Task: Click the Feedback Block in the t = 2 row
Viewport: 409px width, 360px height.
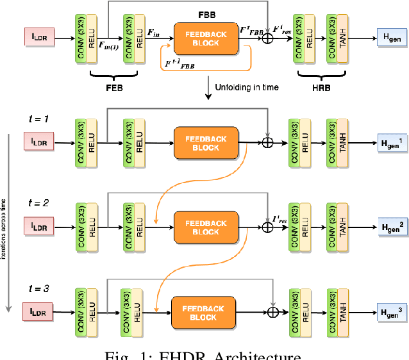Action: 205,227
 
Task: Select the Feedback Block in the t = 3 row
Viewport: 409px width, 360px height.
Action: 203,312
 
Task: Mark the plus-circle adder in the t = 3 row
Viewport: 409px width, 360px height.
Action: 274,312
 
